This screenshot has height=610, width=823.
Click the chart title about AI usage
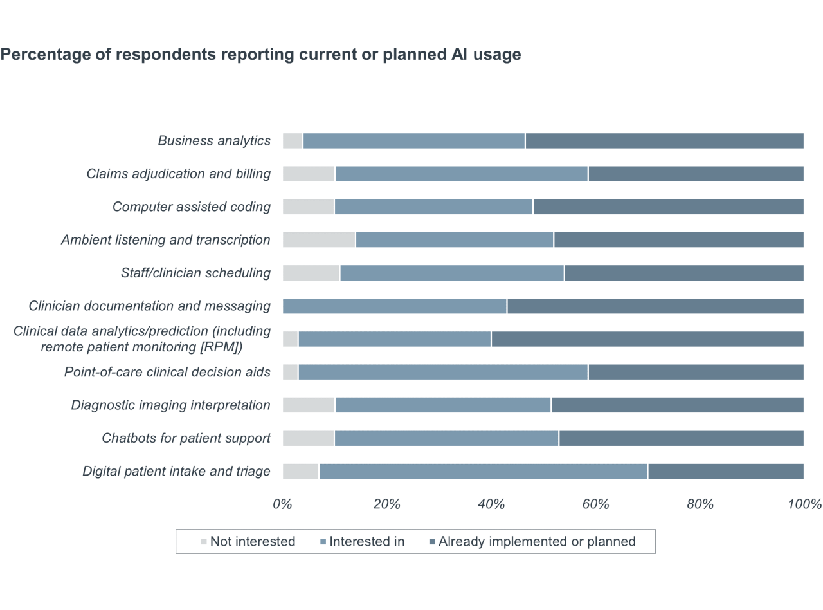[260, 55]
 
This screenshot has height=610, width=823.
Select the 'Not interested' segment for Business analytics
[293, 141]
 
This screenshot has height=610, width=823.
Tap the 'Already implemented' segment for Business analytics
[664, 141]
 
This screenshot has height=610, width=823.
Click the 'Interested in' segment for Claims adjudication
[462, 174]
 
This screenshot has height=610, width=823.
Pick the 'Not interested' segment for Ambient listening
[319, 240]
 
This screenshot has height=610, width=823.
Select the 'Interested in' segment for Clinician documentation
[395, 306]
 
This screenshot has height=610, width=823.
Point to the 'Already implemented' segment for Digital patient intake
[726, 472]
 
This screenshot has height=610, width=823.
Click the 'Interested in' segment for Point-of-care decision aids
[443, 373]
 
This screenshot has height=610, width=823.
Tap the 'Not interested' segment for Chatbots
[308, 439]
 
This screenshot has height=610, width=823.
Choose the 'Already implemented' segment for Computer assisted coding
[668, 207]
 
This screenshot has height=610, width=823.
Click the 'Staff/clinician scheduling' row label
[195, 273]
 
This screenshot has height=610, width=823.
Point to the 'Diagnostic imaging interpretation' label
[170, 405]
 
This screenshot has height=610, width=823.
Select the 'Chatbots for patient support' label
[186, 439]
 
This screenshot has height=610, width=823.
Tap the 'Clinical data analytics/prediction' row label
[142, 339]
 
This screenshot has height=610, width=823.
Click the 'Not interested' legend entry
[248, 542]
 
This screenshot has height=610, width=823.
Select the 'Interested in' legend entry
[363, 542]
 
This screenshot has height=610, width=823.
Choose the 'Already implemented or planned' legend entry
[532, 542]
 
